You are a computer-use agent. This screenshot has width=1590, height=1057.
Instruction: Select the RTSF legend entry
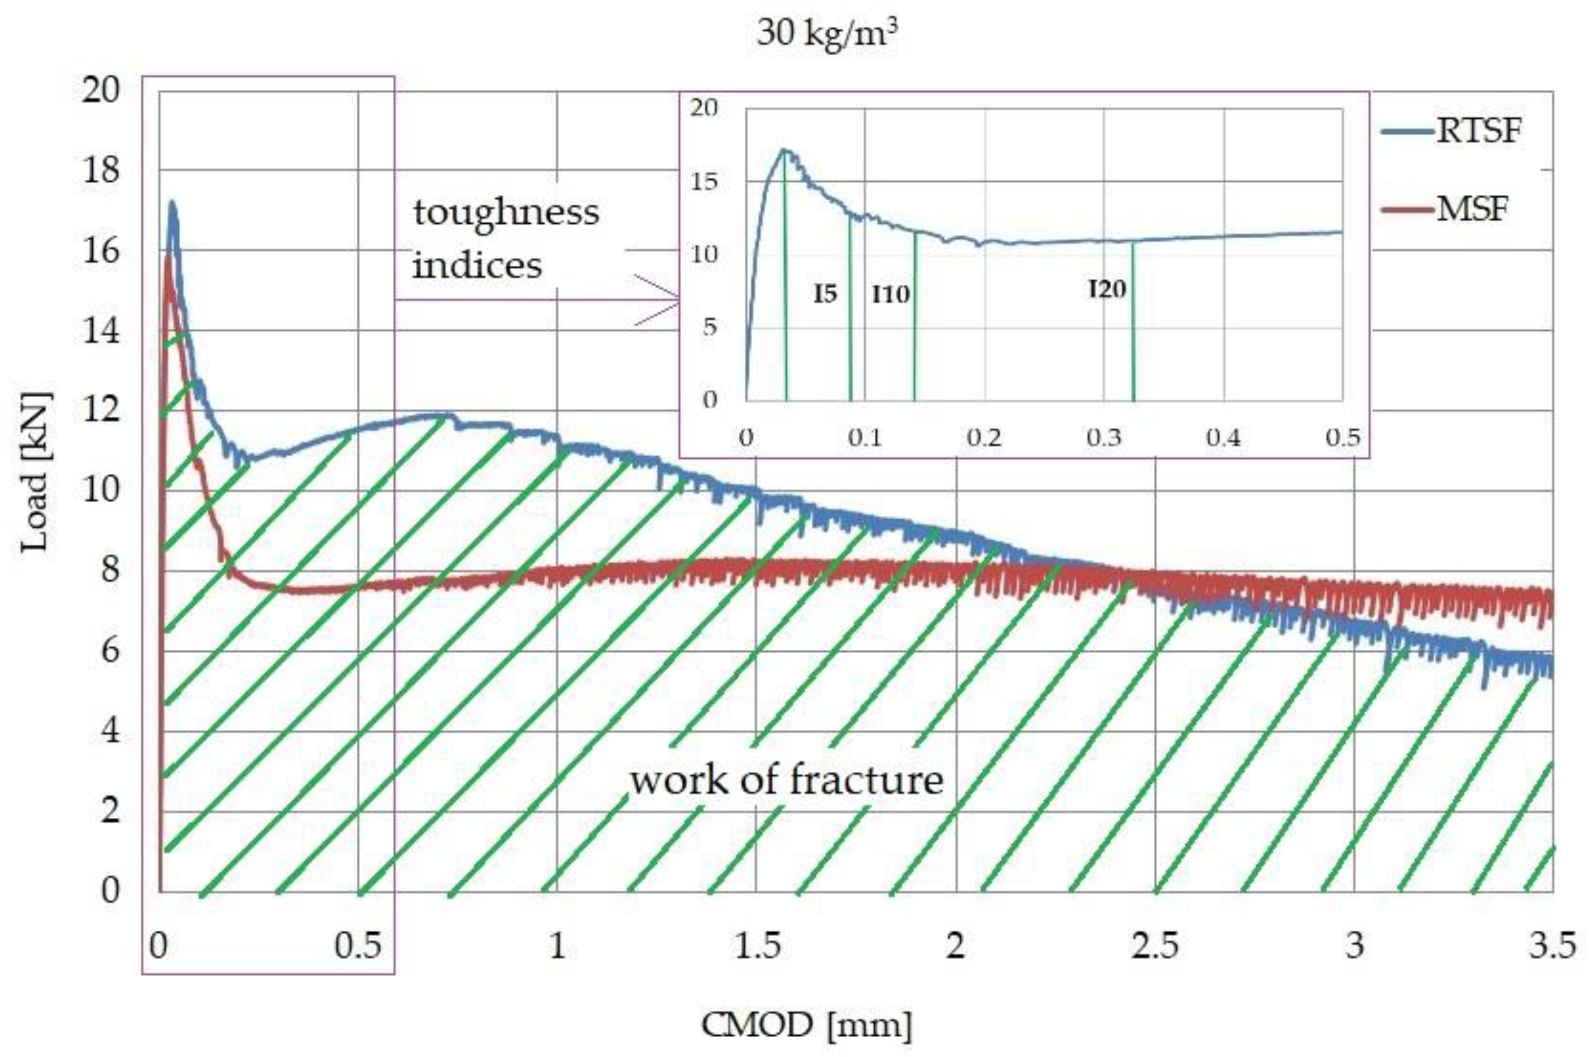1477,130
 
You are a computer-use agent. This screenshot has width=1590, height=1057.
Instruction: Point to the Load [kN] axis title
35,472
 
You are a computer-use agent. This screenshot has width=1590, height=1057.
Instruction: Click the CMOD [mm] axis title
807,1025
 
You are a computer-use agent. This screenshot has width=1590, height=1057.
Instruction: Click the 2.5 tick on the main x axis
1155,946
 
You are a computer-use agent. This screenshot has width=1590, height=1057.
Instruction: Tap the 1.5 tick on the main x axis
757,946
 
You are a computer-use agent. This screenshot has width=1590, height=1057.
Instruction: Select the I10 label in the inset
891,295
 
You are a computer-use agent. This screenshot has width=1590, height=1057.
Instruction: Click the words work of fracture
786,781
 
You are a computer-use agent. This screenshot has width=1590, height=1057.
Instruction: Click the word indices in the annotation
477,265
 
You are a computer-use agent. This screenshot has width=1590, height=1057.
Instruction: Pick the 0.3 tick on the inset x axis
1103,437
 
